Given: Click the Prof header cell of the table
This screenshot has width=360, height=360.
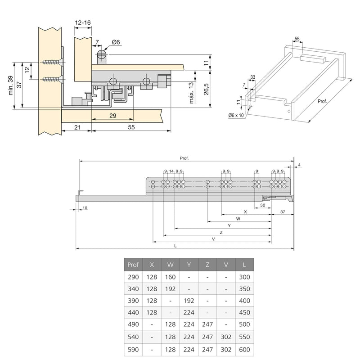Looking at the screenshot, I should [x=134, y=265].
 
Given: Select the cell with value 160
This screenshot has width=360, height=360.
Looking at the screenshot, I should [x=171, y=277].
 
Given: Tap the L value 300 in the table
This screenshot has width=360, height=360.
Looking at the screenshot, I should [x=244, y=277].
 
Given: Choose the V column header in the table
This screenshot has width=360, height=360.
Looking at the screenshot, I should [x=225, y=265].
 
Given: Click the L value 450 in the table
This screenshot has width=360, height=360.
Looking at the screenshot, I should [x=244, y=312].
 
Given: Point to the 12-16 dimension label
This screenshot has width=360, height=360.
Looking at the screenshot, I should [x=83, y=22].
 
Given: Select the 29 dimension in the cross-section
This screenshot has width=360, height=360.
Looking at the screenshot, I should [x=112, y=116].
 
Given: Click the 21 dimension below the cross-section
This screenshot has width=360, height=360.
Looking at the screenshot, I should [x=77, y=128].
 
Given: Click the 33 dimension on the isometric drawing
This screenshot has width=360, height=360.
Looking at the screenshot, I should [x=253, y=77].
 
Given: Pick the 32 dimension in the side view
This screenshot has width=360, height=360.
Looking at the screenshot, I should [x=262, y=204].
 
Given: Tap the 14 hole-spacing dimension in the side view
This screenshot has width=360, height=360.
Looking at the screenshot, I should [x=171, y=171].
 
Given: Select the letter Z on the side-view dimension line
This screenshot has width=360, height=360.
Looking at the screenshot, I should [x=221, y=232].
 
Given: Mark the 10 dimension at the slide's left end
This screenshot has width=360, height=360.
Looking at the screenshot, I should [x=85, y=208].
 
